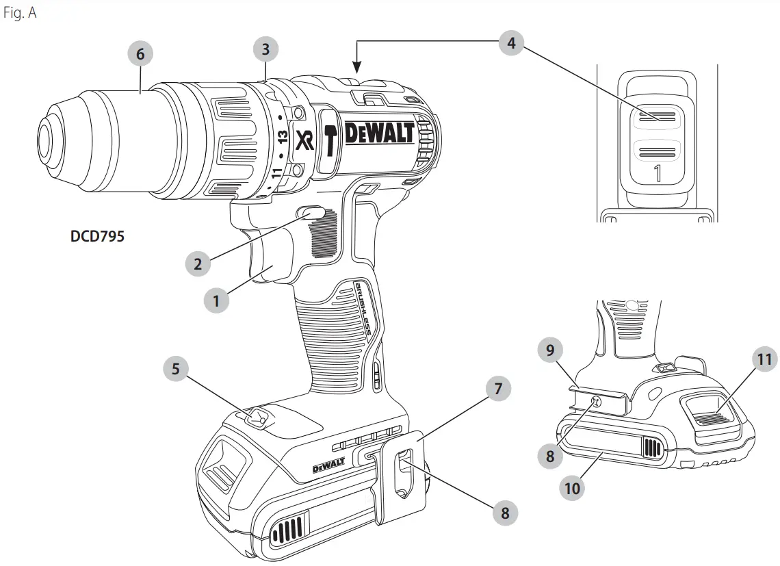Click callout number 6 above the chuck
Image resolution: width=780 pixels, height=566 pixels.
point(140,54)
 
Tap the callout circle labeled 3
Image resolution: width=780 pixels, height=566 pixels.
point(266,49)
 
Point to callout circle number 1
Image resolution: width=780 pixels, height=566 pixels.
point(216,300)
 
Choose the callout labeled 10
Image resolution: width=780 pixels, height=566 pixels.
point(573,489)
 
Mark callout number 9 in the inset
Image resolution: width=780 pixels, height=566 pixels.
point(549,352)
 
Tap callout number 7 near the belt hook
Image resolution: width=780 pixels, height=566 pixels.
point(498,389)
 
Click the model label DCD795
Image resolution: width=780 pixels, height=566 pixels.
point(97,237)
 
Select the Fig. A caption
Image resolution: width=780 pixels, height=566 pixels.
point(20,14)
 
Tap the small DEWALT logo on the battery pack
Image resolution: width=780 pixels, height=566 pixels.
point(328,467)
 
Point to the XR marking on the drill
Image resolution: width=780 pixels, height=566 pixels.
point(304,140)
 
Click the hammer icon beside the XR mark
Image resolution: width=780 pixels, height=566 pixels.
point(329,141)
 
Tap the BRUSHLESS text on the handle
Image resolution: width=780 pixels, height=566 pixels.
point(364,309)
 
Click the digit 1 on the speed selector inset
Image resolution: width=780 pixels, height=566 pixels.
point(658,174)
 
